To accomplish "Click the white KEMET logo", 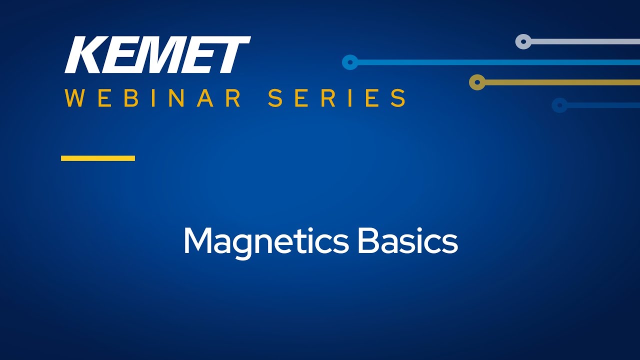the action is click(x=157, y=54).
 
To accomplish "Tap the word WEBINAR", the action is click(x=153, y=98).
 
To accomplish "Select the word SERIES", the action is click(x=337, y=98).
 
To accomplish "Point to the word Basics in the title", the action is click(x=407, y=240).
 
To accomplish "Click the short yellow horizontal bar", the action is click(x=98, y=158).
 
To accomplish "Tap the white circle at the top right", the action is click(x=523, y=41).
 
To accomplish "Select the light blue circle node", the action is click(x=350, y=62).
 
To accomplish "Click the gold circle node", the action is click(x=477, y=82).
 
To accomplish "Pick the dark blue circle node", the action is click(x=559, y=105).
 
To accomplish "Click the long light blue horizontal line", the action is click(x=499, y=62).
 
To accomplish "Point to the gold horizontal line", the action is click(x=562, y=82).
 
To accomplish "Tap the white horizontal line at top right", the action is click(x=585, y=41).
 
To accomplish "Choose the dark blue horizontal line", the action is click(x=603, y=105).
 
